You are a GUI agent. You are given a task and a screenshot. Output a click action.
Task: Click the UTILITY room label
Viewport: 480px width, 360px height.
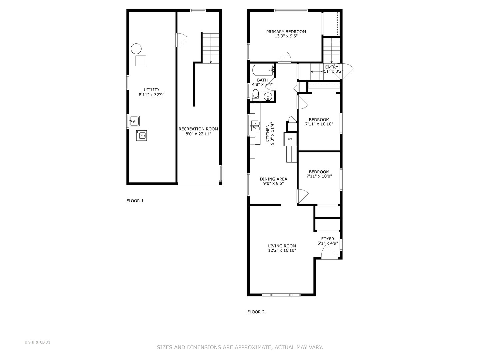pyautogui.click(x=151, y=90)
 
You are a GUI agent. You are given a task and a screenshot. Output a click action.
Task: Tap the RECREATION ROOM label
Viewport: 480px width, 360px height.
pyautogui.click(x=198, y=129)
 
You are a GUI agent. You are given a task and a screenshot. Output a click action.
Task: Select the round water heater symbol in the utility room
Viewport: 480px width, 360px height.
pyautogui.click(x=136, y=49)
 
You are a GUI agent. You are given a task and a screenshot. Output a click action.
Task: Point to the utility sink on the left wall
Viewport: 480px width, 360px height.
pyautogui.click(x=134, y=121)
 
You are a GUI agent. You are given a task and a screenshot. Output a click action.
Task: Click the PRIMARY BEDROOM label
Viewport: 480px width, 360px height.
pyautogui.click(x=286, y=32)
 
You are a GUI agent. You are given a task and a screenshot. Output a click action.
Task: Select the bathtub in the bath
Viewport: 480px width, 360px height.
pyautogui.click(x=263, y=70)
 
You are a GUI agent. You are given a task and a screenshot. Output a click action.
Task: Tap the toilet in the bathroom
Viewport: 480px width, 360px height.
pyautogui.click(x=256, y=95)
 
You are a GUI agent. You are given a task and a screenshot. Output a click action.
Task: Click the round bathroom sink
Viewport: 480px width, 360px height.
pyautogui.click(x=268, y=97)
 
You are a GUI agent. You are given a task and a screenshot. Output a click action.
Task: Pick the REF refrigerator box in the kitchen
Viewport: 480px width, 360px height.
pyautogui.click(x=290, y=139)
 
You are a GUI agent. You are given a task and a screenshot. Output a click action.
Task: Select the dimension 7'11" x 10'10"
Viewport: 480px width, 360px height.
pyautogui.click(x=319, y=124)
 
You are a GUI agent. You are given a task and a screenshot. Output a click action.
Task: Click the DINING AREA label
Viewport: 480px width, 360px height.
pyautogui.click(x=273, y=179)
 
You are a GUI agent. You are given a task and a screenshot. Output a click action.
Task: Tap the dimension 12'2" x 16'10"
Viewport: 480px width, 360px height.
pyautogui.click(x=282, y=250)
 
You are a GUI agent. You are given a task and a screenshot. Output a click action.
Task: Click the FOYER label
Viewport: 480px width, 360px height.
pyautogui.click(x=328, y=239)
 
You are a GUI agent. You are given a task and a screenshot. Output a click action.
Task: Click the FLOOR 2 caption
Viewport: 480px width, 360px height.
pyautogui.click(x=256, y=312)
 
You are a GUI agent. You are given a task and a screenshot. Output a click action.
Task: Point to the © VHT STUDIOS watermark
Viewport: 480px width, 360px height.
pyautogui.click(x=37, y=342)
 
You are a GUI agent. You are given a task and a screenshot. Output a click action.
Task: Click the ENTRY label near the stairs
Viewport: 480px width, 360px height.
pyautogui.click(x=331, y=67)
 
